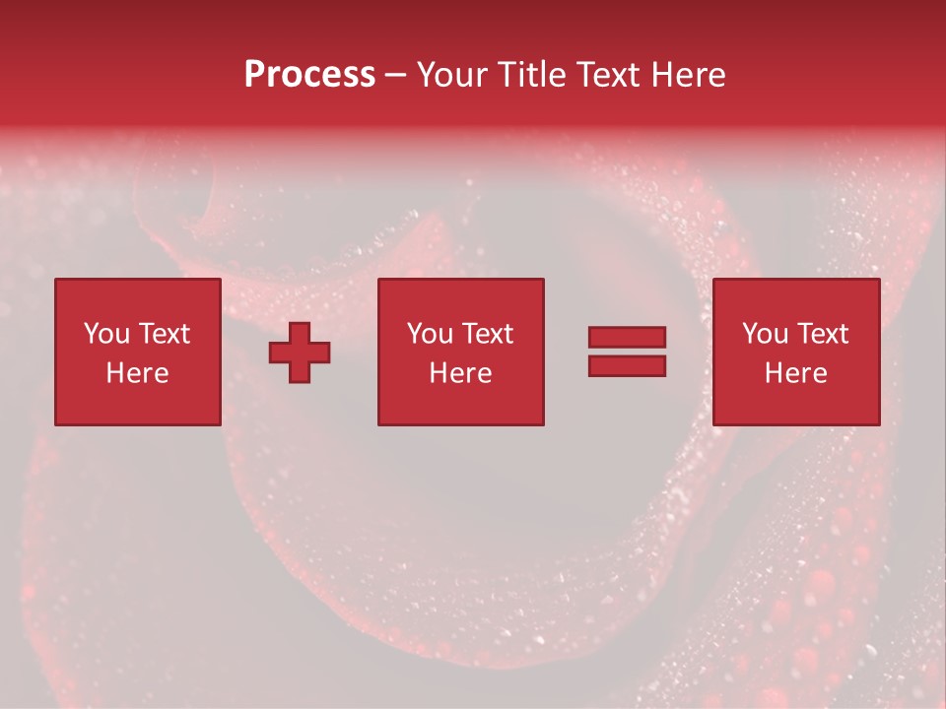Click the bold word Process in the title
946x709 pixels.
[309, 75]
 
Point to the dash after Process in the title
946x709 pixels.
[395, 76]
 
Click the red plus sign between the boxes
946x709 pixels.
[300, 353]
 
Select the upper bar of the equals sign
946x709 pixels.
[627, 337]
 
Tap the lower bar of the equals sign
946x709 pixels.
[627, 366]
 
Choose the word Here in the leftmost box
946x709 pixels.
[137, 373]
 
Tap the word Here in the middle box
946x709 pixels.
[460, 373]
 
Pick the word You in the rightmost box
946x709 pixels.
[765, 334]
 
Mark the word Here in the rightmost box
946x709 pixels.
[795, 373]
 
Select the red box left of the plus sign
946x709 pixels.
[137, 404]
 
